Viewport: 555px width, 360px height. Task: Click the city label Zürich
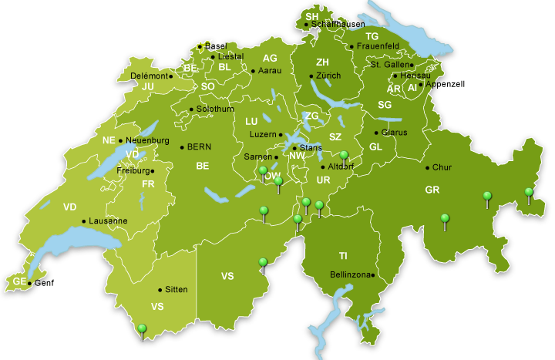328,76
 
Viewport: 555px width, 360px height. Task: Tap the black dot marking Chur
427,167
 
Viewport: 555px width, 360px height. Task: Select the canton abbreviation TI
343,255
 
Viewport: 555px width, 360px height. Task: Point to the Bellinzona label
350,274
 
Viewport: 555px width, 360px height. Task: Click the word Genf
44,284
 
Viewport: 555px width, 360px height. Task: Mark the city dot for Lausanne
85,221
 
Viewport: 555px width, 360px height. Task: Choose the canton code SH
311,16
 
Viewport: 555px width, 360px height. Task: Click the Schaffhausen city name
338,25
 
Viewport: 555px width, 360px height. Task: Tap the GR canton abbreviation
432,190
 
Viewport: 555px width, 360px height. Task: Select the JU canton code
149,87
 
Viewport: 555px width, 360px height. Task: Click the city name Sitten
177,290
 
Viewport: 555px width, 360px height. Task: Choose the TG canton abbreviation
372,37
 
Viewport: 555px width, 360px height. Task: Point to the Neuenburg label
146,140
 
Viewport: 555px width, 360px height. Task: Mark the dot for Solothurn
191,109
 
